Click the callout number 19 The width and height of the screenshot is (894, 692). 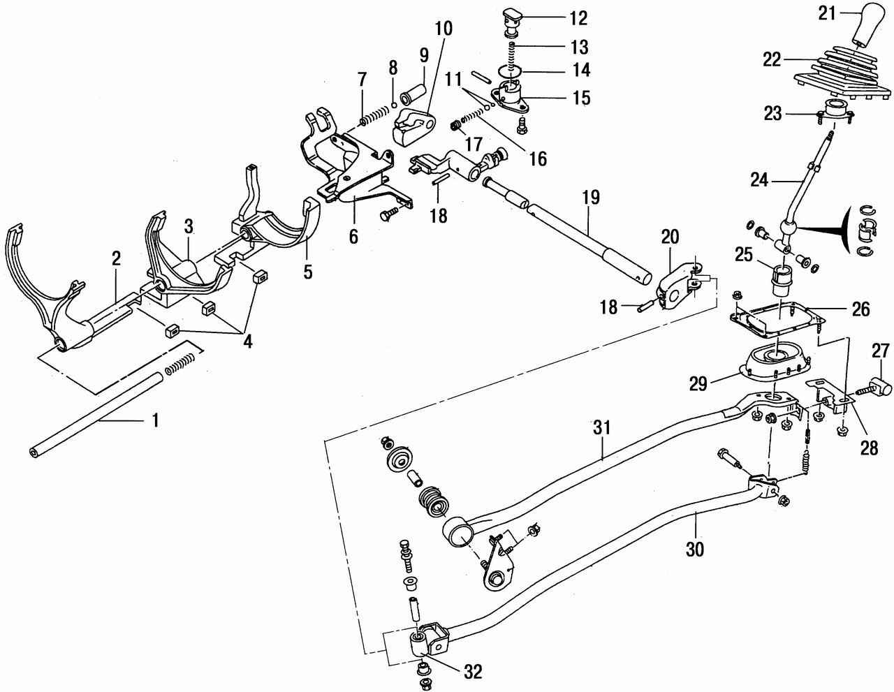point(591,198)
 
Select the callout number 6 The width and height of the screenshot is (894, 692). point(353,237)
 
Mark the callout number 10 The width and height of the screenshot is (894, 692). point(444,29)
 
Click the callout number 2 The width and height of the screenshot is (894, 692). point(116,258)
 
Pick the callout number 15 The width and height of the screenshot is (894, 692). point(580,98)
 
